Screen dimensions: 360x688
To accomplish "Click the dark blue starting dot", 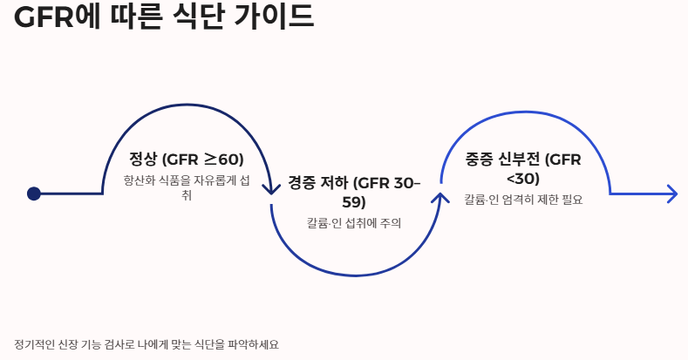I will point(34,194).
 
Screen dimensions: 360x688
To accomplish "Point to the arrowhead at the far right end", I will point(671,194).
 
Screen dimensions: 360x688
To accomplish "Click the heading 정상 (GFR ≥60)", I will point(186,160).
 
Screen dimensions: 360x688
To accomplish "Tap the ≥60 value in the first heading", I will point(223,160).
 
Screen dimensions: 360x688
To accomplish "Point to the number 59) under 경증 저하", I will point(354,202).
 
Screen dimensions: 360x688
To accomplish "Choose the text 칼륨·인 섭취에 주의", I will point(354,224).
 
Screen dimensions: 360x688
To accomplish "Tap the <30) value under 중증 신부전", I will point(523,179).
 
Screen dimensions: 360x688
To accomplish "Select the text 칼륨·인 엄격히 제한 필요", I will point(523,200).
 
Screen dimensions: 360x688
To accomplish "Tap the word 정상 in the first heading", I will point(141,160).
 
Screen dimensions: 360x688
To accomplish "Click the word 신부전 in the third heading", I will point(520,160).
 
